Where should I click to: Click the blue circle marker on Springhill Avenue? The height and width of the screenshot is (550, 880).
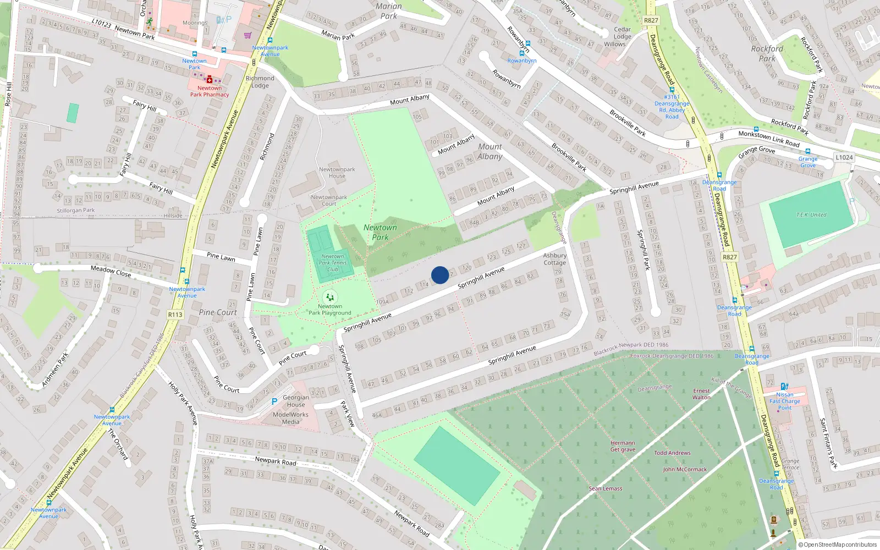pyautogui.click(x=440, y=275)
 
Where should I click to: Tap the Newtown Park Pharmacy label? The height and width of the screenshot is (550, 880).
pyautogui.click(x=210, y=91)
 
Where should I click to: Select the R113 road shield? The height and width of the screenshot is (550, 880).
pyautogui.click(x=175, y=315)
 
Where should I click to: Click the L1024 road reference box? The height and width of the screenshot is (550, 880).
pyautogui.click(x=844, y=157)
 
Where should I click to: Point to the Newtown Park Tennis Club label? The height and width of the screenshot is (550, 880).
pyautogui.click(x=333, y=263)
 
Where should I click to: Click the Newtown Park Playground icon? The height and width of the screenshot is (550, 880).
pyautogui.click(x=329, y=297)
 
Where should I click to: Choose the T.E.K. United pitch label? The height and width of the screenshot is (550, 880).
pyautogui.click(x=811, y=215)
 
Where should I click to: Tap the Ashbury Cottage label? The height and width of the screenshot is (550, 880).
pyautogui.click(x=554, y=259)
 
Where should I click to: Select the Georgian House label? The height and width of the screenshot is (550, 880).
pyautogui.click(x=295, y=401)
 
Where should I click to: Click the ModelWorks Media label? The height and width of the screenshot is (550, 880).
pyautogui.click(x=290, y=419)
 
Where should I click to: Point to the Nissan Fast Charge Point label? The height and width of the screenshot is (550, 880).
pyautogui.click(x=785, y=401)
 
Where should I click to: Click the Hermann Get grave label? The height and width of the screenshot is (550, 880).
pyautogui.click(x=623, y=446)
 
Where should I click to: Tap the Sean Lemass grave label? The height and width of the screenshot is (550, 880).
pyautogui.click(x=606, y=488)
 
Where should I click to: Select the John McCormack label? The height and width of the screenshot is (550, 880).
pyautogui.click(x=685, y=470)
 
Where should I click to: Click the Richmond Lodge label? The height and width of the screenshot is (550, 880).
pyautogui.click(x=260, y=82)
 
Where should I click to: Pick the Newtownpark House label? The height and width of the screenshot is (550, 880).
pyautogui.click(x=337, y=173)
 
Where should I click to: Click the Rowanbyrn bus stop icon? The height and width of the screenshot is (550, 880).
pyautogui.click(x=527, y=44)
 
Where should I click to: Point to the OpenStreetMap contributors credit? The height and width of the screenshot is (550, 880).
pyautogui.click(x=838, y=545)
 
